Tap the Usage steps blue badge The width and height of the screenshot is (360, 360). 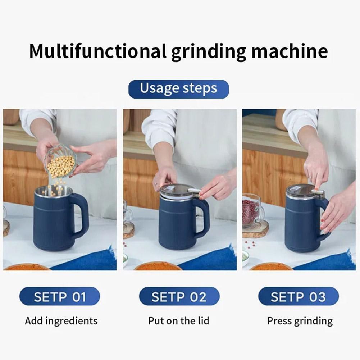(x=178, y=89)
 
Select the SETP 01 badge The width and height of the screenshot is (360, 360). (x=60, y=297)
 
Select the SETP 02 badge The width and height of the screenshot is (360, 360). (x=179, y=297)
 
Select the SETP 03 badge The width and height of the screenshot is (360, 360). (x=298, y=297)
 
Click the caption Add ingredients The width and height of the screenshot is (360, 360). (x=61, y=321)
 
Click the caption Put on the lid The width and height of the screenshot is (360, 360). (x=178, y=321)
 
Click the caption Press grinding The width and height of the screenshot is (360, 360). (x=300, y=321)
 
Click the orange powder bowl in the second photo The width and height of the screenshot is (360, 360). (x=158, y=267)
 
